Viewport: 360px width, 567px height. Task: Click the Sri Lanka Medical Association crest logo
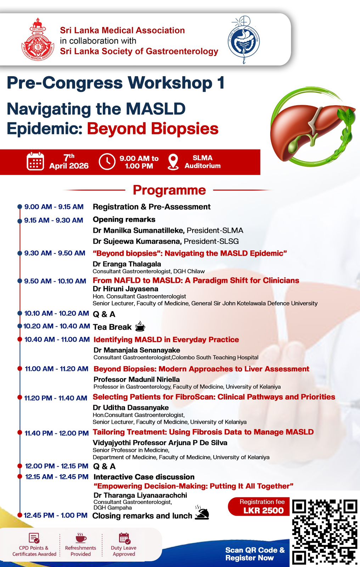tap(38, 39)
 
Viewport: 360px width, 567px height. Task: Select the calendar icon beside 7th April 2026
tap(35, 161)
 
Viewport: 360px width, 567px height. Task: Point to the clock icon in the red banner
tap(107, 162)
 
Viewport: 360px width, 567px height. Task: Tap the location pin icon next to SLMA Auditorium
tap(173, 162)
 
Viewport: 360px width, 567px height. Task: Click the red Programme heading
tap(169, 190)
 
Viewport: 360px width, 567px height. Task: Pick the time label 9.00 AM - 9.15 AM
tap(54, 207)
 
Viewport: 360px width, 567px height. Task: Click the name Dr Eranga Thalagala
tap(127, 264)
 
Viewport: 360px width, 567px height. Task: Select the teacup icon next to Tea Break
tap(140, 326)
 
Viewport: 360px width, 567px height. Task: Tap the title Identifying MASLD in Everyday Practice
tap(166, 339)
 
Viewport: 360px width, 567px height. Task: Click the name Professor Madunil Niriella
tap(137, 380)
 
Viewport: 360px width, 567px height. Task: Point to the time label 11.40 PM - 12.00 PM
tap(57, 433)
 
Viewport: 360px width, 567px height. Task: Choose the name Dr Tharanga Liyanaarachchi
tap(140, 495)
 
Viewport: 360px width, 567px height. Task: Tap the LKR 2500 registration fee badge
tap(259, 506)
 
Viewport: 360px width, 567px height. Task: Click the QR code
tap(325, 532)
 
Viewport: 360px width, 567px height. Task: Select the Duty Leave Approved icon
tap(124, 538)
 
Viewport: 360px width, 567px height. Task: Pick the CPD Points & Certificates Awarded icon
tap(34, 538)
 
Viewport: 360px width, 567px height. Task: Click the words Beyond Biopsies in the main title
tap(153, 128)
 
